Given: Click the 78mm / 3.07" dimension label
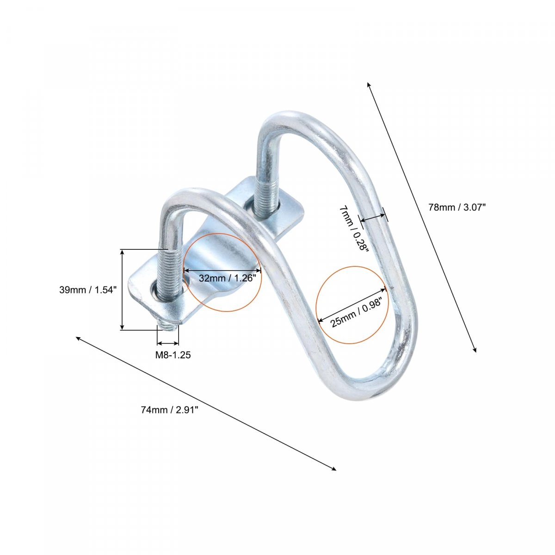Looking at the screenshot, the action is [457, 207].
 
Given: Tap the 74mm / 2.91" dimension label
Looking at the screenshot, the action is [170, 410].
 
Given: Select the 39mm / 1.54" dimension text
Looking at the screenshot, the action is [88, 290].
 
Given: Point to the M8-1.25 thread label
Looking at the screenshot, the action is [173, 355].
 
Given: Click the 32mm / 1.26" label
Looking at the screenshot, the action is [227, 278].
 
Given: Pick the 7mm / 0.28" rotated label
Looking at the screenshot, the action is [354, 228].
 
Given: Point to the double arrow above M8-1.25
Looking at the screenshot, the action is [168, 343].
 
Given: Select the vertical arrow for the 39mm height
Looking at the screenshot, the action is [122, 290].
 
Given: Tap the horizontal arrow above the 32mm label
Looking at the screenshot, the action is [222, 270].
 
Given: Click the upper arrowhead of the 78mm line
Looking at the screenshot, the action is [368, 84].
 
